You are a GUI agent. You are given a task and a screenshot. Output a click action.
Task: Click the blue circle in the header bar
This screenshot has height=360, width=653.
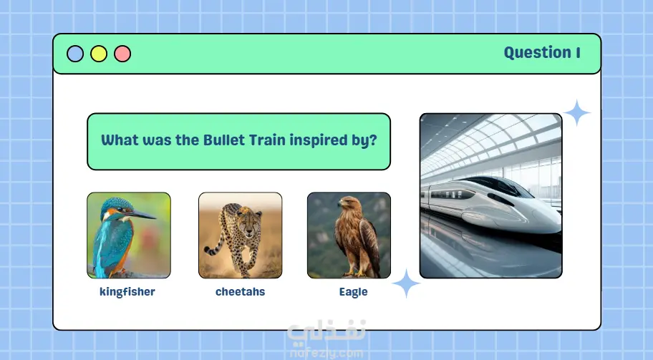point(75,54)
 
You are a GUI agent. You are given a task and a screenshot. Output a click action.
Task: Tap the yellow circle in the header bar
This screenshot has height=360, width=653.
point(99,54)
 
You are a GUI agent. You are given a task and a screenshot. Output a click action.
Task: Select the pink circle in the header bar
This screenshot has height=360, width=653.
point(122,54)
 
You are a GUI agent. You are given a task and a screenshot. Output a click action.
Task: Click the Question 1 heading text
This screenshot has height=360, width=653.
point(542,53)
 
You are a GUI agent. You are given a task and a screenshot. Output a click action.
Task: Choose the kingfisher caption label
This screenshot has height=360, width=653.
point(127,292)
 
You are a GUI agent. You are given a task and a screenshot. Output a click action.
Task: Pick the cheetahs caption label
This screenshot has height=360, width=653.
point(241,292)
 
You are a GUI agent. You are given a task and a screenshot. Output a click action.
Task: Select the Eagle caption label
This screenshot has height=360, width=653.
point(353,292)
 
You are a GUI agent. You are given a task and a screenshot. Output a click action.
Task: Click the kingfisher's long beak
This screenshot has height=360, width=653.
point(141,214)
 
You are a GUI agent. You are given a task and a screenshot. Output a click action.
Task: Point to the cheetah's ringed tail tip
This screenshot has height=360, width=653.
point(208,251)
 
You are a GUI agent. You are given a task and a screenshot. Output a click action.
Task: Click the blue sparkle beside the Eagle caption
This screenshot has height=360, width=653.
point(406,283)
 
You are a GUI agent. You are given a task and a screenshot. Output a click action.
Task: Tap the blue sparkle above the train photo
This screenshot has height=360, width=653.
point(577,113)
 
